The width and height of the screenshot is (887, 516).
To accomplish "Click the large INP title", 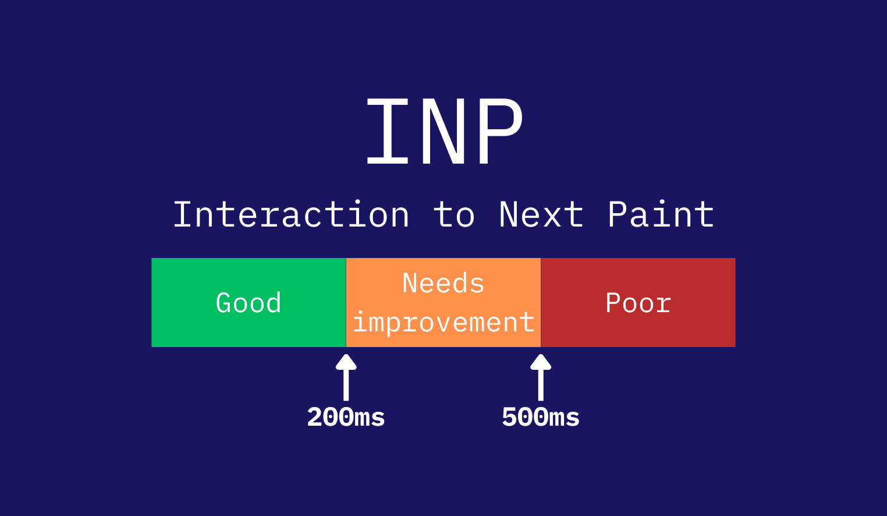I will [x=444, y=131].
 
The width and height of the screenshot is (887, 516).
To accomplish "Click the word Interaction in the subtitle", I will [x=291, y=214].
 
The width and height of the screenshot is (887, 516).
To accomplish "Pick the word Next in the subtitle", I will [x=541, y=214].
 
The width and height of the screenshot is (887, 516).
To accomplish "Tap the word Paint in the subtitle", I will [x=661, y=214].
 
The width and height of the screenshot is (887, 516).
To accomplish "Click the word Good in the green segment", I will [x=249, y=303].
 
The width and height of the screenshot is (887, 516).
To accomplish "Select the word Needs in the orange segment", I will [x=443, y=284].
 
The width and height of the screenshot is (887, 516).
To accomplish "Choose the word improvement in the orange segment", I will [x=443, y=322].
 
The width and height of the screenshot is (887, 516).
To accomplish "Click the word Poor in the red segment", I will [x=638, y=303].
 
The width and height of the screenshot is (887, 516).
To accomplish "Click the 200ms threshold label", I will [x=346, y=417].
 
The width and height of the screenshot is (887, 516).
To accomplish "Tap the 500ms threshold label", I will [x=541, y=417].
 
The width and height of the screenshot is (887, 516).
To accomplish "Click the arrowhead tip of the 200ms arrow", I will [x=346, y=355].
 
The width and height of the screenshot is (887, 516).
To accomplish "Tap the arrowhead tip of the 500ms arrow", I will [x=541, y=355].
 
